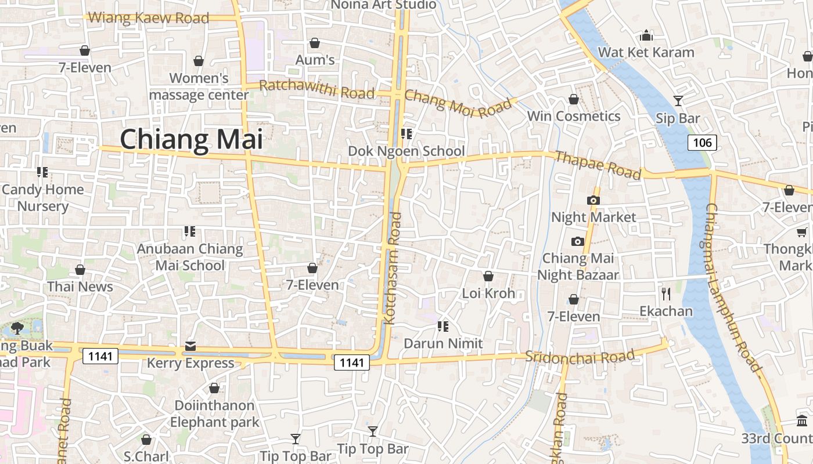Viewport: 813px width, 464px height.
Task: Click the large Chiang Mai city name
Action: tap(191, 140)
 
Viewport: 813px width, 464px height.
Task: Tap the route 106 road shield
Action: tap(702, 142)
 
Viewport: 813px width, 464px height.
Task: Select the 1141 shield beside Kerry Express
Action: tap(100, 356)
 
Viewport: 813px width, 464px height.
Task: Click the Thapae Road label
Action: tap(598, 165)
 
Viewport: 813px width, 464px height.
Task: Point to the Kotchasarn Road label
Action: tap(393, 268)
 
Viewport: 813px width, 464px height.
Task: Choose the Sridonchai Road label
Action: tap(580, 356)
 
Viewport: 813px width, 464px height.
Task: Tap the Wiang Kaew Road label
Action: tap(149, 18)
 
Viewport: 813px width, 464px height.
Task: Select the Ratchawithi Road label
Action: tap(316, 89)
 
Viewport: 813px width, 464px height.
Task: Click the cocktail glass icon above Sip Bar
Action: tap(678, 101)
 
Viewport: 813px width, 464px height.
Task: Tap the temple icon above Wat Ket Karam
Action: tap(646, 36)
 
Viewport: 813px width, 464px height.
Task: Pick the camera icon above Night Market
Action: tap(593, 200)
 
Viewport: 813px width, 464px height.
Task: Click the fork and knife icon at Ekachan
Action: tap(666, 294)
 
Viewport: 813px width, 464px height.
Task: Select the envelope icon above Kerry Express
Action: tap(190, 346)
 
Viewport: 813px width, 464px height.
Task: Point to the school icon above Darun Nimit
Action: tap(443, 327)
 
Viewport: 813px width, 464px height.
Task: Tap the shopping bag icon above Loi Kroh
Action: tap(488, 276)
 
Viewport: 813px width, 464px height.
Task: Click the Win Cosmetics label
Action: tap(574, 116)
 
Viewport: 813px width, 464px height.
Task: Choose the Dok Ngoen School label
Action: tap(406, 151)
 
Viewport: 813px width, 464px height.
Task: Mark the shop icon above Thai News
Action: tap(80, 270)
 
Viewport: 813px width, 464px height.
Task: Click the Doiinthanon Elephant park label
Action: tap(214, 414)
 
